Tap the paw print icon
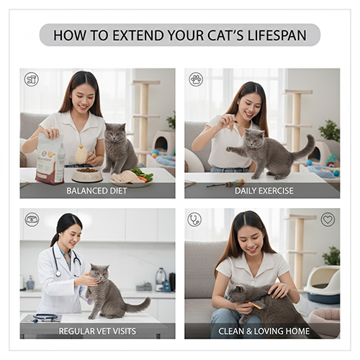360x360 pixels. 196,79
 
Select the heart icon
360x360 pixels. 328,220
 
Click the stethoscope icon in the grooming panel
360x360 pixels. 194,220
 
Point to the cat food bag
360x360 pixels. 50,159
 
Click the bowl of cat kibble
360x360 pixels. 87,175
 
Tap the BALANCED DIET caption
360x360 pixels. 96,191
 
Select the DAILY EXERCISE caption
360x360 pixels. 264,191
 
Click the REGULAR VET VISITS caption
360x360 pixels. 97,331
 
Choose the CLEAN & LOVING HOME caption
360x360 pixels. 264,331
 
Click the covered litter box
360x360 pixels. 322,284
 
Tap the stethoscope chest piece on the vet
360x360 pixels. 58,274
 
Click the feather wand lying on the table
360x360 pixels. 226,184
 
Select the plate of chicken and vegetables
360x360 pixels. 132,178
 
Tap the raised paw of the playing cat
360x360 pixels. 229,150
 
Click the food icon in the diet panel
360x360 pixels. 31,79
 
